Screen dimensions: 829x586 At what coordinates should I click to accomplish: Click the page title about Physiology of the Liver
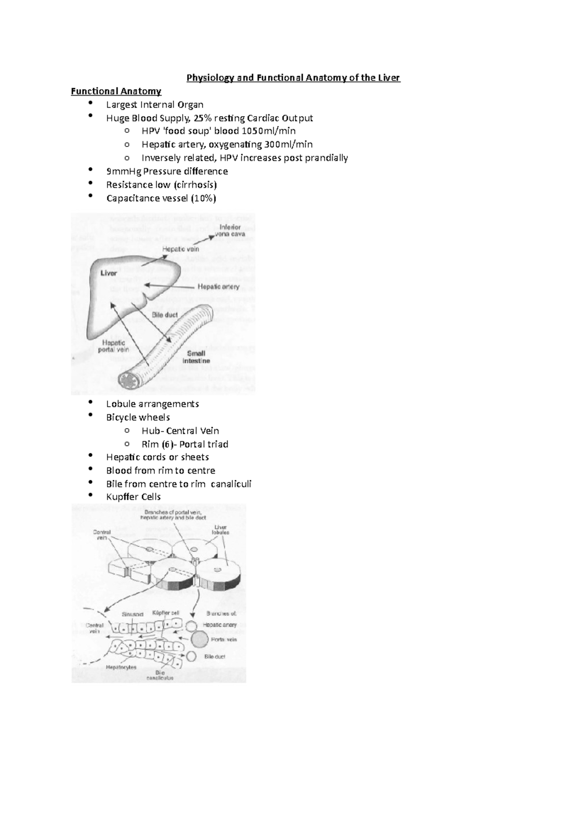point(293,78)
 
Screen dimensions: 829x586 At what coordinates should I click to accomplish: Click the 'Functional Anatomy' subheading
point(116,91)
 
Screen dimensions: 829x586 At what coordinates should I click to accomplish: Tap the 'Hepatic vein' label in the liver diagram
point(180,249)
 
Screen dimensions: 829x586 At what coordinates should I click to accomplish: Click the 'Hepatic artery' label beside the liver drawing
point(218,287)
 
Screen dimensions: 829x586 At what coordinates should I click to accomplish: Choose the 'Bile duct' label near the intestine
point(165,315)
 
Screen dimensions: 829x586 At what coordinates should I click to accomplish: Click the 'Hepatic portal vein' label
point(114,346)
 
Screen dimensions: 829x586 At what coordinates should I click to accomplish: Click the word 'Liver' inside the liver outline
point(108,273)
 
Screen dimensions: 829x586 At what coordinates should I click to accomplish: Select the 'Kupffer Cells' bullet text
point(133,497)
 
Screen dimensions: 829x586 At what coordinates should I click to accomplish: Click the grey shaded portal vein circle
point(199,639)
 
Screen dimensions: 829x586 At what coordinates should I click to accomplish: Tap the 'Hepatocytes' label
point(121,667)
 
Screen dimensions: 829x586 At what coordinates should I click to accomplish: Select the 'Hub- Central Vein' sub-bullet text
point(180,431)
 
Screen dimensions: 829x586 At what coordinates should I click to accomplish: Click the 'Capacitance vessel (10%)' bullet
point(161,198)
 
